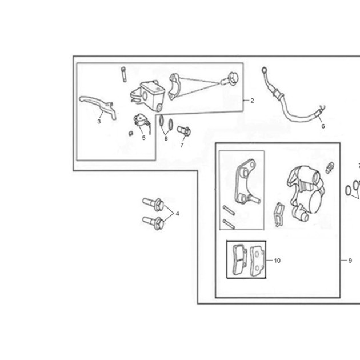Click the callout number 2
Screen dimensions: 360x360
pyautogui.click(x=252, y=101)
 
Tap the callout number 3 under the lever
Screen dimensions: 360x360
pyautogui.click(x=99, y=122)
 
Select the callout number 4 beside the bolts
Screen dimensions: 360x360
pyautogui.click(x=177, y=214)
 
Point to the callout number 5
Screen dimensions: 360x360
pyautogui.click(x=144, y=138)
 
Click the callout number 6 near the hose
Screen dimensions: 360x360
pyautogui.click(x=323, y=126)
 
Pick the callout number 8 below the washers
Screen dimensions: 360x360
pyautogui.click(x=166, y=138)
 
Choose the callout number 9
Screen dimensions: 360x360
pyautogui.click(x=350, y=261)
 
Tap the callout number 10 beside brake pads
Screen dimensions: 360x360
pyautogui.click(x=277, y=261)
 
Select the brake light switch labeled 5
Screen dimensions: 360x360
pyautogui.click(x=142, y=123)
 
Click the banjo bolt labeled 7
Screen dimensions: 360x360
pyautogui.click(x=183, y=131)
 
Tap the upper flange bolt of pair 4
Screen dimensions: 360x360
pyautogui.click(x=153, y=204)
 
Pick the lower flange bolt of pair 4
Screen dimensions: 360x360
pyautogui.click(x=153, y=222)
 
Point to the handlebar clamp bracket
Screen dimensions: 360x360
pyautogui.click(x=175, y=86)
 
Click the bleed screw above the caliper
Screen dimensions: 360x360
pyautogui.click(x=330, y=167)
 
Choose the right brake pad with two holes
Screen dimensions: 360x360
pyautogui.click(x=258, y=261)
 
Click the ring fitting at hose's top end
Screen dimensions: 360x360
pyautogui.click(x=264, y=69)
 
